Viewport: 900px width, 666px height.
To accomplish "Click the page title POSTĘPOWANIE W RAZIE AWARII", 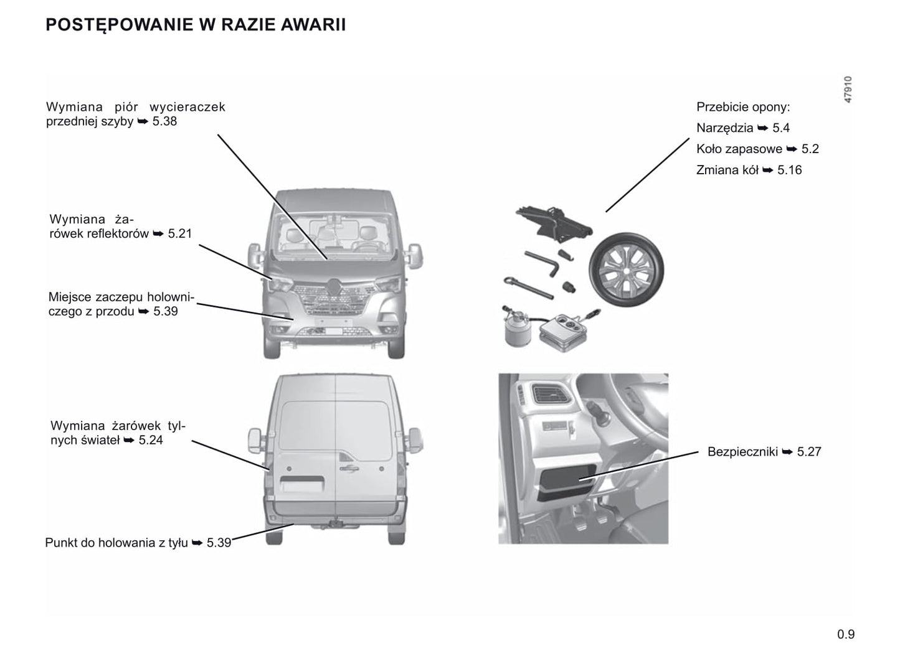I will coord(196,25).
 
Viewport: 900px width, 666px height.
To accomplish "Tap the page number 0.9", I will coord(846,634).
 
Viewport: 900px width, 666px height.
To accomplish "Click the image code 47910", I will coord(848,90).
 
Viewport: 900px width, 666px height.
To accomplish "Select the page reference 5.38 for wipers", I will coord(164,121).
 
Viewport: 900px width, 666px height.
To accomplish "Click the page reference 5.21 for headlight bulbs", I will coord(180,234).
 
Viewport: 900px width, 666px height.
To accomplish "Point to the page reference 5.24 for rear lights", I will coord(151,440).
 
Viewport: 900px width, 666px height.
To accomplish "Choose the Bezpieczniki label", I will coord(742,452).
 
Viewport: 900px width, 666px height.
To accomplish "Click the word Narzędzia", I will coord(724,128).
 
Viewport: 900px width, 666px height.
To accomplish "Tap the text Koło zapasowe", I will coord(739,149).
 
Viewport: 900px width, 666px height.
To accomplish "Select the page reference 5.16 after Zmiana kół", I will coord(789,171).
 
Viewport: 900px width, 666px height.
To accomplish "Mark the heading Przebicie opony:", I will coord(742,107).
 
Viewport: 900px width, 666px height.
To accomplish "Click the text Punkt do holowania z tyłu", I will coord(116,543).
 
